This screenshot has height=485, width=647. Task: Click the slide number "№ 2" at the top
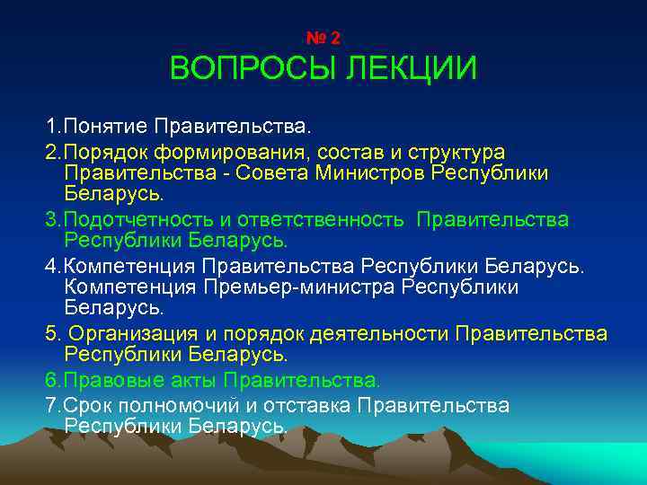(323, 38)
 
